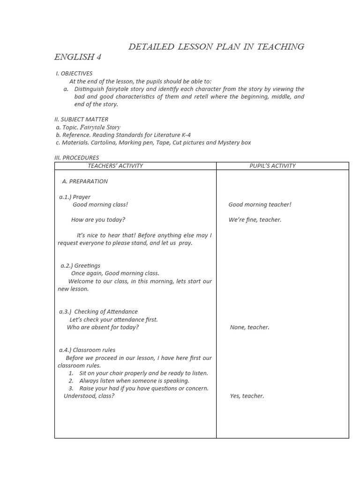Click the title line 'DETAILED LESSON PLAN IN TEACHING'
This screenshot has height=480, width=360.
[x=216, y=46]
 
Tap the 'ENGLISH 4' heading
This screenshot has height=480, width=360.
[x=78, y=57]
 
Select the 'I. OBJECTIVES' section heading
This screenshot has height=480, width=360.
[x=74, y=73]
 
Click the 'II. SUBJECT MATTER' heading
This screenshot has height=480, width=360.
[x=82, y=119]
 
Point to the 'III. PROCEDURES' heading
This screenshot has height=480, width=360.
[x=77, y=157]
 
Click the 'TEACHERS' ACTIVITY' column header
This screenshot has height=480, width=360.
[x=115, y=165]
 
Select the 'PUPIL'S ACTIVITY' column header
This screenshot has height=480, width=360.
[x=273, y=165]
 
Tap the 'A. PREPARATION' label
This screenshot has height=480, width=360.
[x=85, y=181]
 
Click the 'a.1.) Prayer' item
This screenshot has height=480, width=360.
[x=75, y=197]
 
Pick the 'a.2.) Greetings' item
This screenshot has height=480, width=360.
[x=80, y=265]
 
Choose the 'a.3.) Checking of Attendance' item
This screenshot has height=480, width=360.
[x=98, y=311]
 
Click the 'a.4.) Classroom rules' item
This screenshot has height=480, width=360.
[x=87, y=350]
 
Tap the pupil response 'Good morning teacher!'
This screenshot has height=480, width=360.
[x=260, y=204]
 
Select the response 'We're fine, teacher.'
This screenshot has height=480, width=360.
[x=255, y=219]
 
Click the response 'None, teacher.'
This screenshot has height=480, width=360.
[x=249, y=327]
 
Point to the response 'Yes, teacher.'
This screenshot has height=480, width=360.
[x=247, y=396]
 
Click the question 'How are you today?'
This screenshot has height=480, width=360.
[x=98, y=219]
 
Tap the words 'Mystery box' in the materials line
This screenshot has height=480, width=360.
[x=234, y=142]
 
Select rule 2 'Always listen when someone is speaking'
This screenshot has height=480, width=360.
[x=134, y=381]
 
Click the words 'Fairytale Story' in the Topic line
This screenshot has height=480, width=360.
[x=100, y=127]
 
